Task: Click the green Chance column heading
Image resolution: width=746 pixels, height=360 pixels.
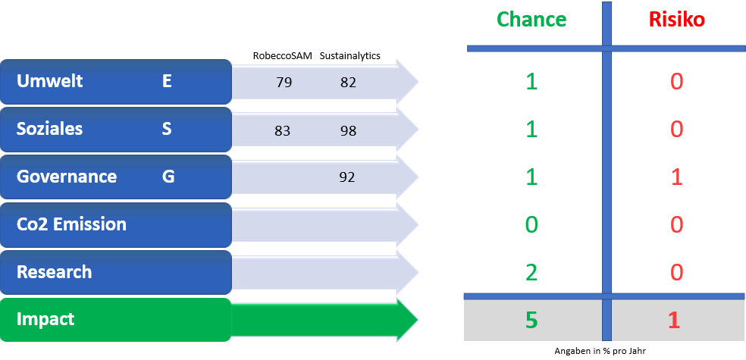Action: coord(531,20)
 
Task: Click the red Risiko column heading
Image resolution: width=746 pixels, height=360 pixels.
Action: coord(676,20)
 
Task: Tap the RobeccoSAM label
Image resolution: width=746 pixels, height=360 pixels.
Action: coord(283,55)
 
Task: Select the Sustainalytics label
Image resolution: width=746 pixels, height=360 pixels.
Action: coord(350,56)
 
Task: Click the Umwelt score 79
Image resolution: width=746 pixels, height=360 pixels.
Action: coord(284,83)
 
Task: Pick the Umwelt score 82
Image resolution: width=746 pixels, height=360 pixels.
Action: coord(348,83)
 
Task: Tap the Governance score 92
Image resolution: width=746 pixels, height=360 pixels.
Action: coord(347,177)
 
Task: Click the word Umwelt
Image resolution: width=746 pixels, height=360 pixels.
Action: coord(49,81)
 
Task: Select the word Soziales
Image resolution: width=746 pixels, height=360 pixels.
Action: coord(49,129)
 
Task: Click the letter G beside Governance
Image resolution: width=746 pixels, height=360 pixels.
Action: coord(168,177)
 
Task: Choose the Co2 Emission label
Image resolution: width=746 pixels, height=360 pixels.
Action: coord(71,224)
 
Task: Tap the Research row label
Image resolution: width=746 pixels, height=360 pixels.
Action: coord(55,271)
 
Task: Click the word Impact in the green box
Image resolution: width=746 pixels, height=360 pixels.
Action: coord(45,319)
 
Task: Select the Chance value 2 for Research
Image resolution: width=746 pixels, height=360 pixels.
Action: coord(531,273)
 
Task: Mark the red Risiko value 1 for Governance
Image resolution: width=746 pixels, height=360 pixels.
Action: coord(676,177)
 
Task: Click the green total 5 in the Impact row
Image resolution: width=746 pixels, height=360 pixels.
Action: coord(531,321)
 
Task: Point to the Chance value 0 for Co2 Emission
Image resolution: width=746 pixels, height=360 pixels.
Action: coord(531,225)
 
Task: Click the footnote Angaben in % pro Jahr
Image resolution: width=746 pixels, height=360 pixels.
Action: coord(600,351)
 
